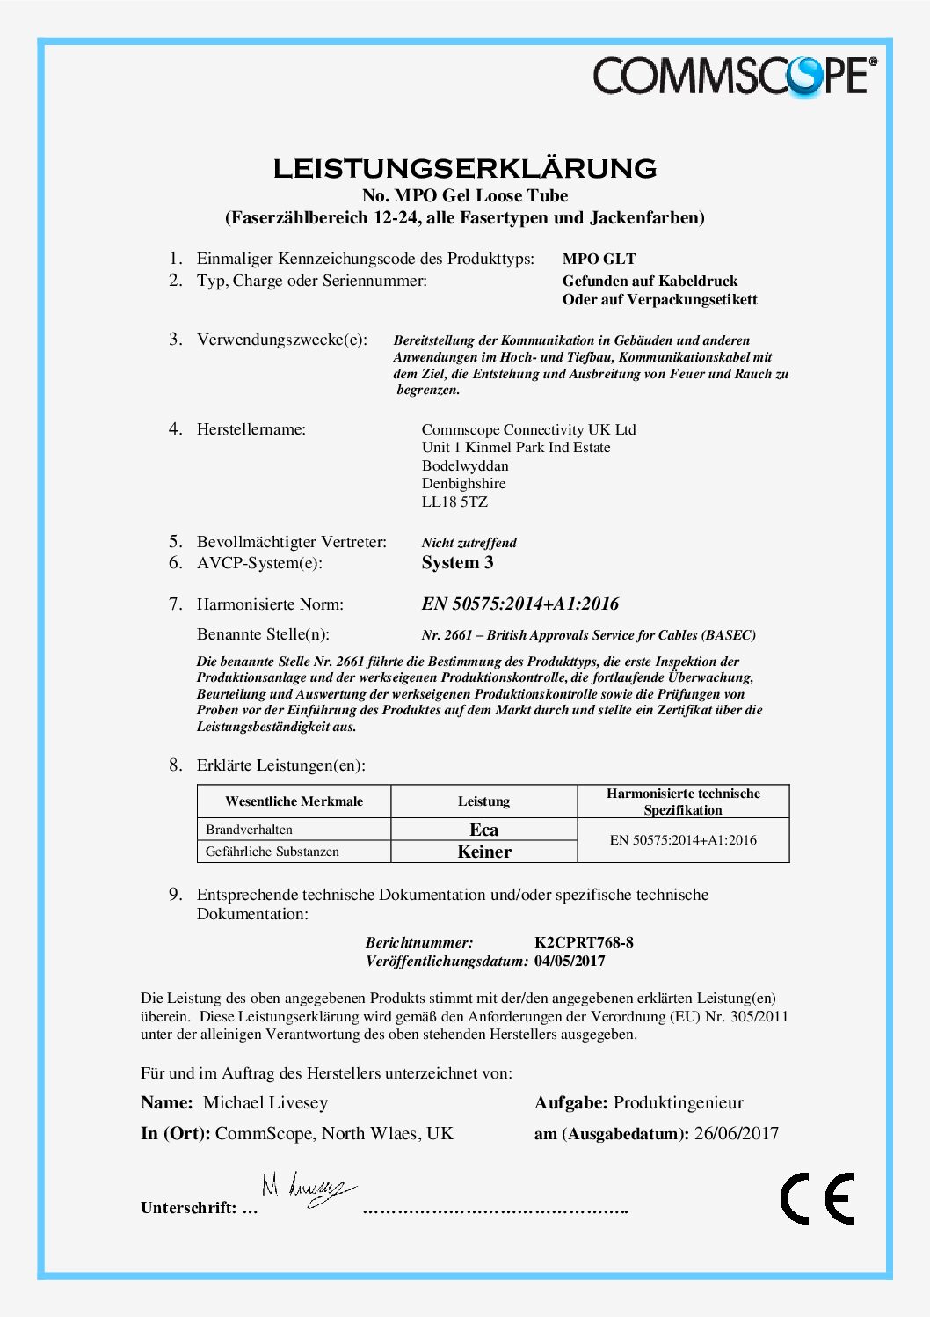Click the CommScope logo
(734, 76)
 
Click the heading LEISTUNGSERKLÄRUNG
(464, 168)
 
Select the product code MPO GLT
(599, 259)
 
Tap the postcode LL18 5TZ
(454, 501)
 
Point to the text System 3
(457, 563)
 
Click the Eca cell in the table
(483, 830)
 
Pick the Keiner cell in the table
(483, 852)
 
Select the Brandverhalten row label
(249, 830)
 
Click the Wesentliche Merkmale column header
(294, 801)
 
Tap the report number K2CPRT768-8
(584, 942)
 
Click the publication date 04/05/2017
(570, 961)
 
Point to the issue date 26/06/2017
(736, 1133)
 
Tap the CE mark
(817, 1198)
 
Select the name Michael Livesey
(265, 1103)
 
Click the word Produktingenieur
(678, 1103)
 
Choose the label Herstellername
(251, 429)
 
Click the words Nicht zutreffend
(469, 543)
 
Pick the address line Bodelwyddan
(465, 465)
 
